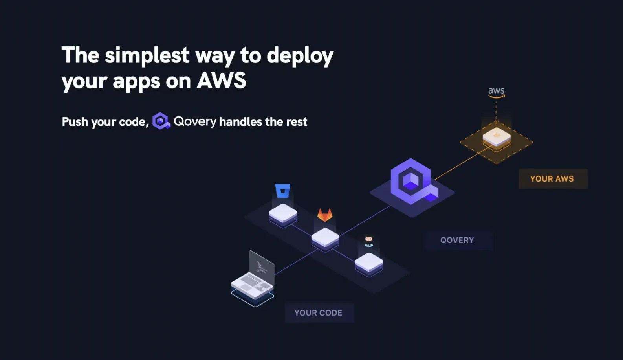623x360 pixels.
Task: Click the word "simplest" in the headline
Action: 147,55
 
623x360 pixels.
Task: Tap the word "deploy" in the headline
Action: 300,56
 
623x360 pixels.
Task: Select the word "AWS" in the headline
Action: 222,81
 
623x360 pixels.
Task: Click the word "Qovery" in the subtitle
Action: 195,122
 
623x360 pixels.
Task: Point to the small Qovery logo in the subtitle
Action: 161,121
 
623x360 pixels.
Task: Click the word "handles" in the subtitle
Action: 240,122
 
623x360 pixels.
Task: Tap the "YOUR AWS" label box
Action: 553,179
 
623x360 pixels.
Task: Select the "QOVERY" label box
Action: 457,240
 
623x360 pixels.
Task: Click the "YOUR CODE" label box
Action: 319,313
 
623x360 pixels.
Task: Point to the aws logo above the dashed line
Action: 496,92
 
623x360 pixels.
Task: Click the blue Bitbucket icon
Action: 283,191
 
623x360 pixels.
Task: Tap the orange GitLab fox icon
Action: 325,215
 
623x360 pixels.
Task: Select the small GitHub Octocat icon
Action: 368,241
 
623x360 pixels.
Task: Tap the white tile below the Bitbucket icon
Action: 283,213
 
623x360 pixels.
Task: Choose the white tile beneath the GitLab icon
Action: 325,237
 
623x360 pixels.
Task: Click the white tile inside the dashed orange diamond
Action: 497,137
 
